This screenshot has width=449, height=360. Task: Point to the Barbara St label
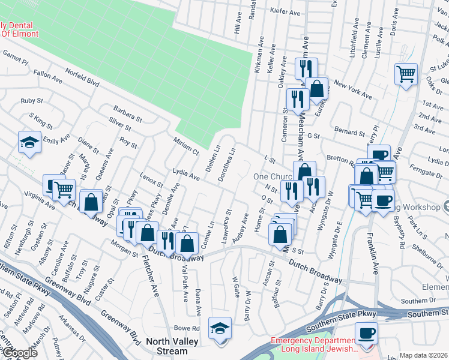127,113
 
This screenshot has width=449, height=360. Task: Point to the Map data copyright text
424,355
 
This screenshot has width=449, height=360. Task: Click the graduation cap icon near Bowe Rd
220,328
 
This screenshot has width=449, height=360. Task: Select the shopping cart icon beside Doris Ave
406,74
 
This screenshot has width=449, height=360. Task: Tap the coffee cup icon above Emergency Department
366,332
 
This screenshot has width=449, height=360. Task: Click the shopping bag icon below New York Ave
316,90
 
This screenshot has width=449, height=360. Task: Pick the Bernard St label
349,132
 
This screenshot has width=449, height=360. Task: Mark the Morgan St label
124,246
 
